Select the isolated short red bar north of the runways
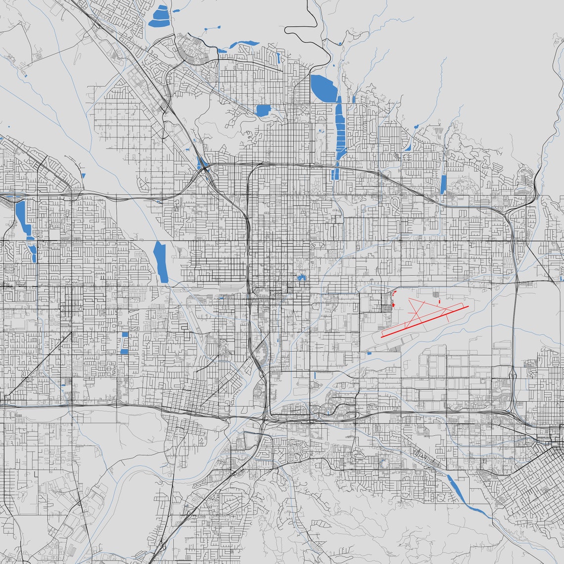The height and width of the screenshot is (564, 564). click(439, 300)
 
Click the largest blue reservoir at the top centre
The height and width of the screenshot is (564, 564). click(323, 88)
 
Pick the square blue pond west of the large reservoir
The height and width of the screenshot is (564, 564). click(263, 110)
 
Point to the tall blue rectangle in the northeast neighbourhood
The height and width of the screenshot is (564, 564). click(443, 184)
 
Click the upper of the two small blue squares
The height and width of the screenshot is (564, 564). click(125, 334)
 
